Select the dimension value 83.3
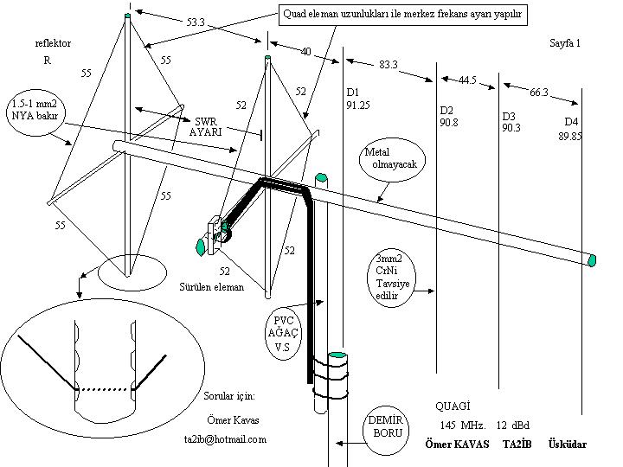pos(389,65)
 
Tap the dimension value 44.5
pos(467,80)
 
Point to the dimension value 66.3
pos(539,93)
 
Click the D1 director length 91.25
pos(358,105)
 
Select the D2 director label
pos(446,111)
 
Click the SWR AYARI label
pos(206,126)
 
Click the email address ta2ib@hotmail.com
pos(225,439)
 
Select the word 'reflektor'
pos(53,43)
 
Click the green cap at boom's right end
pos(593,259)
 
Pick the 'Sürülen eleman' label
pos(211,286)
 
